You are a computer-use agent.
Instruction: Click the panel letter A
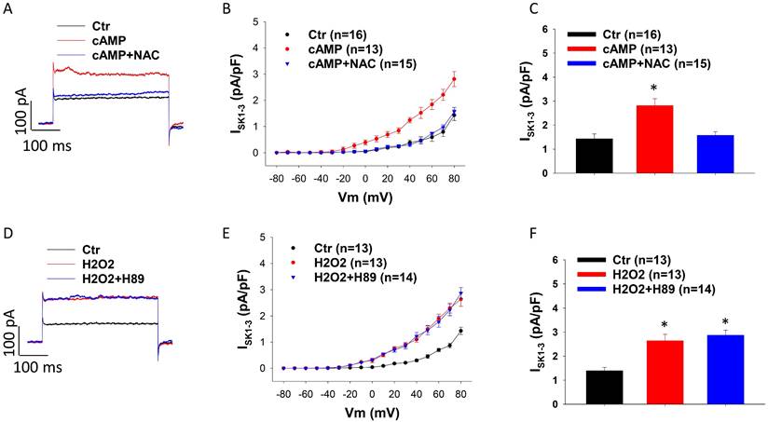[7, 8]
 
